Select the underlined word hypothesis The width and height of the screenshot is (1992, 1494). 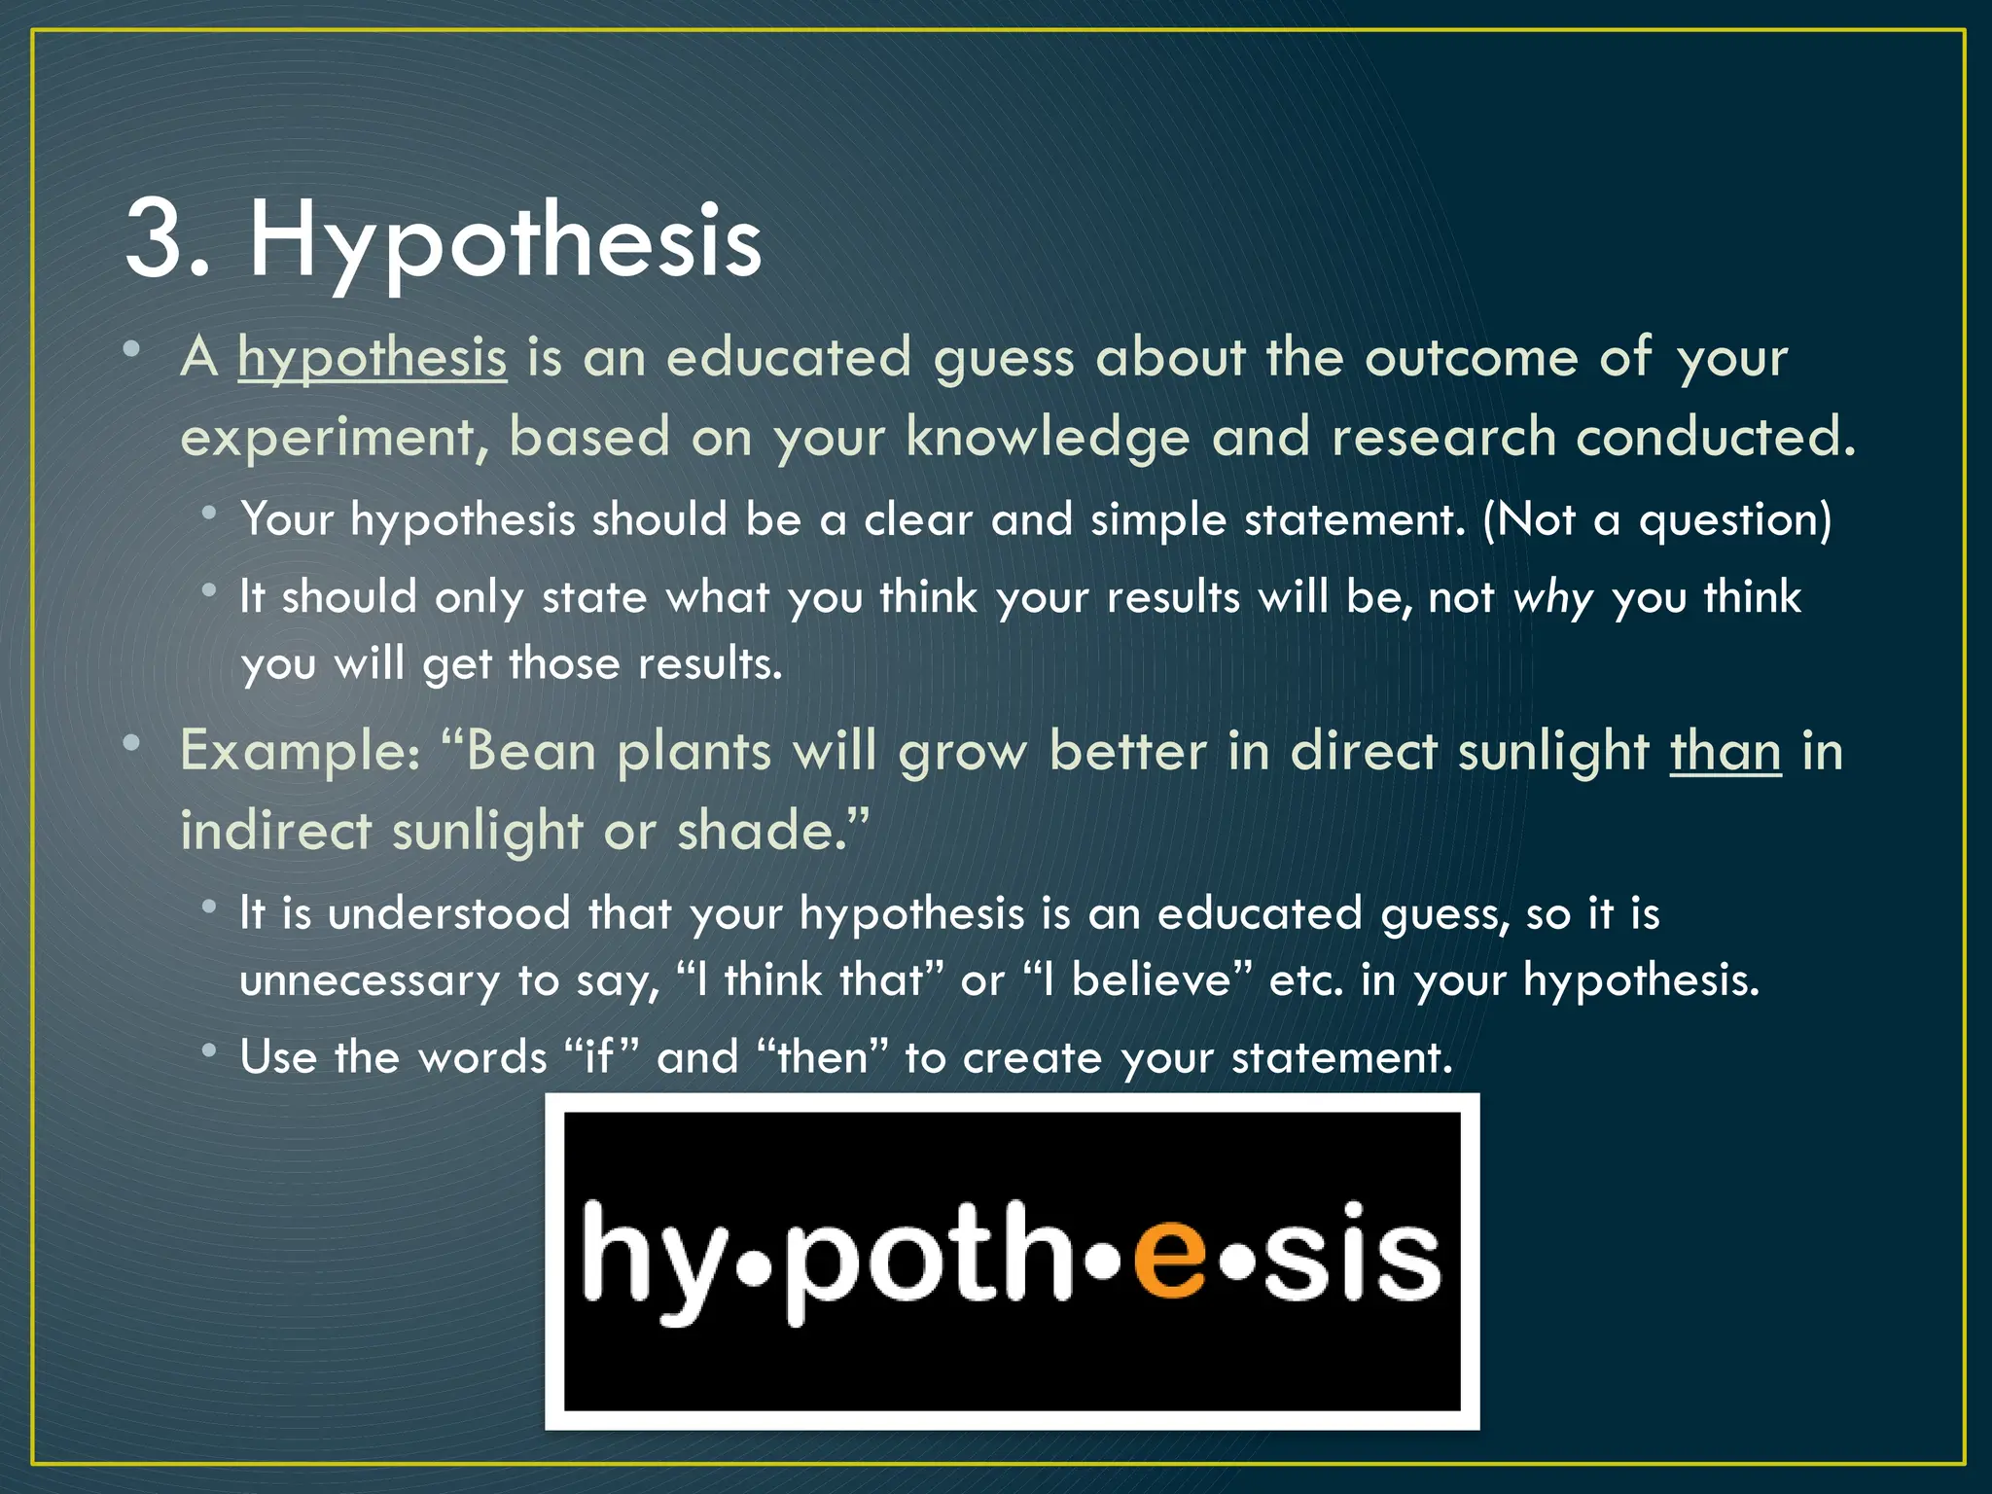point(373,358)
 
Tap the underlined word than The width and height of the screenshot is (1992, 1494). point(1725,752)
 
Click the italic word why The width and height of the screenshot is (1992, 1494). point(1553,597)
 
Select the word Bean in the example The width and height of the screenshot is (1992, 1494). point(530,752)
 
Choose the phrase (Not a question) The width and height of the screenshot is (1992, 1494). point(1656,519)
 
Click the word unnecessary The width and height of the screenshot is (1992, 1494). point(370,980)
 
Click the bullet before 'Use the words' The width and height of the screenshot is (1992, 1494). point(209,1050)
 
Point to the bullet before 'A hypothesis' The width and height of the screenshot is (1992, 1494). point(132,349)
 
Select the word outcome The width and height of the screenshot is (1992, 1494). point(1471,358)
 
